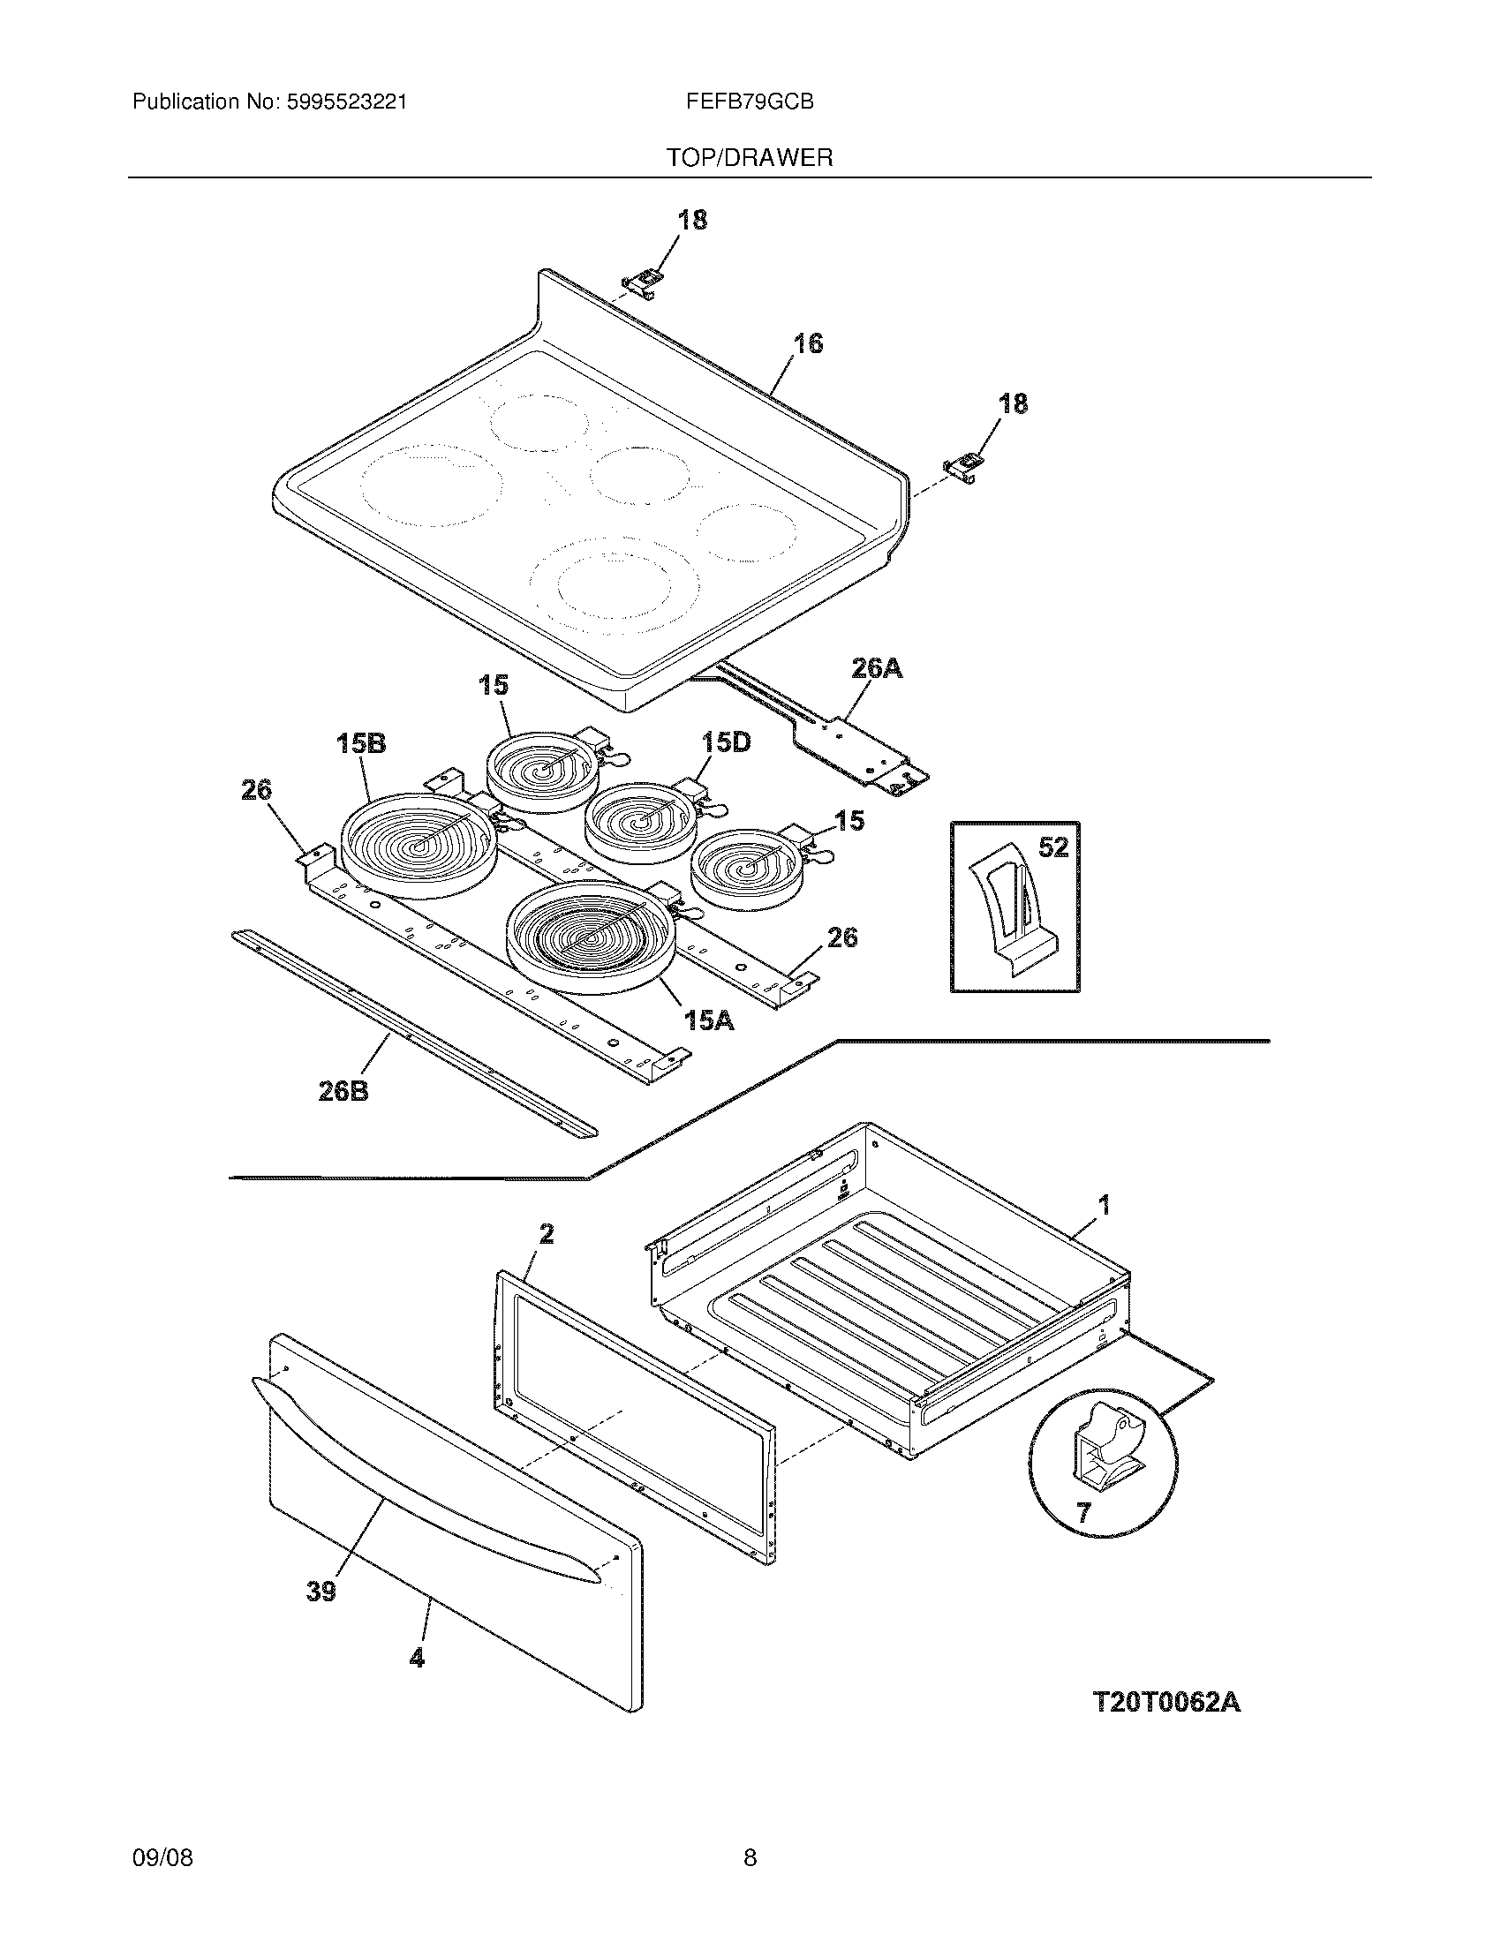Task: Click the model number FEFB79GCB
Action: point(750,102)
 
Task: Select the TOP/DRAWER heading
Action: point(750,158)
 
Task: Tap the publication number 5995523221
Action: point(346,102)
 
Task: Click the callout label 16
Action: point(807,343)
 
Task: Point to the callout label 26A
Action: point(877,669)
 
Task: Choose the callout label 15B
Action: point(361,743)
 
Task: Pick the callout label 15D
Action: point(726,741)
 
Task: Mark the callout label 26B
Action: point(343,1091)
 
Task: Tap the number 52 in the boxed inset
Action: point(1052,847)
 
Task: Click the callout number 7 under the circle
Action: point(1082,1512)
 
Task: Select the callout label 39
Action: point(321,1591)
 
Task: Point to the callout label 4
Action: point(416,1657)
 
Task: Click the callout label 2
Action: point(547,1233)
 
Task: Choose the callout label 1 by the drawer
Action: point(1105,1206)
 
